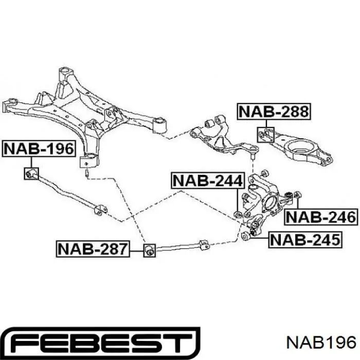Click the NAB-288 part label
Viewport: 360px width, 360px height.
point(274,112)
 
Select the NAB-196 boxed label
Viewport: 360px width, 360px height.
point(39,149)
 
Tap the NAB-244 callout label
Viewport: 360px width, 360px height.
point(207,181)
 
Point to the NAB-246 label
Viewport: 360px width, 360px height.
point(321,217)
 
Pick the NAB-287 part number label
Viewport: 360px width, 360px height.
point(93,249)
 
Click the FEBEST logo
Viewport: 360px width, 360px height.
point(100,344)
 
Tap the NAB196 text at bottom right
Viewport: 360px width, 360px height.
point(321,344)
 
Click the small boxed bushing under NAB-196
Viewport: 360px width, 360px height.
point(31,174)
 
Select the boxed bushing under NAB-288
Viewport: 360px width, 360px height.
point(266,135)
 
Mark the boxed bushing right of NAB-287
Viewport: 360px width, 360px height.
point(150,250)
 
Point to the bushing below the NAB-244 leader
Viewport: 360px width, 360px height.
point(238,214)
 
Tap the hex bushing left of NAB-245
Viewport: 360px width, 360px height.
point(245,236)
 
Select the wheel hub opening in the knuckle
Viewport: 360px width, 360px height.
point(272,203)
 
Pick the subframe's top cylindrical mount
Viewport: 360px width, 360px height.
point(65,73)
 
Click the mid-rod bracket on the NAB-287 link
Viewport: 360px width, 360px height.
point(204,245)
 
